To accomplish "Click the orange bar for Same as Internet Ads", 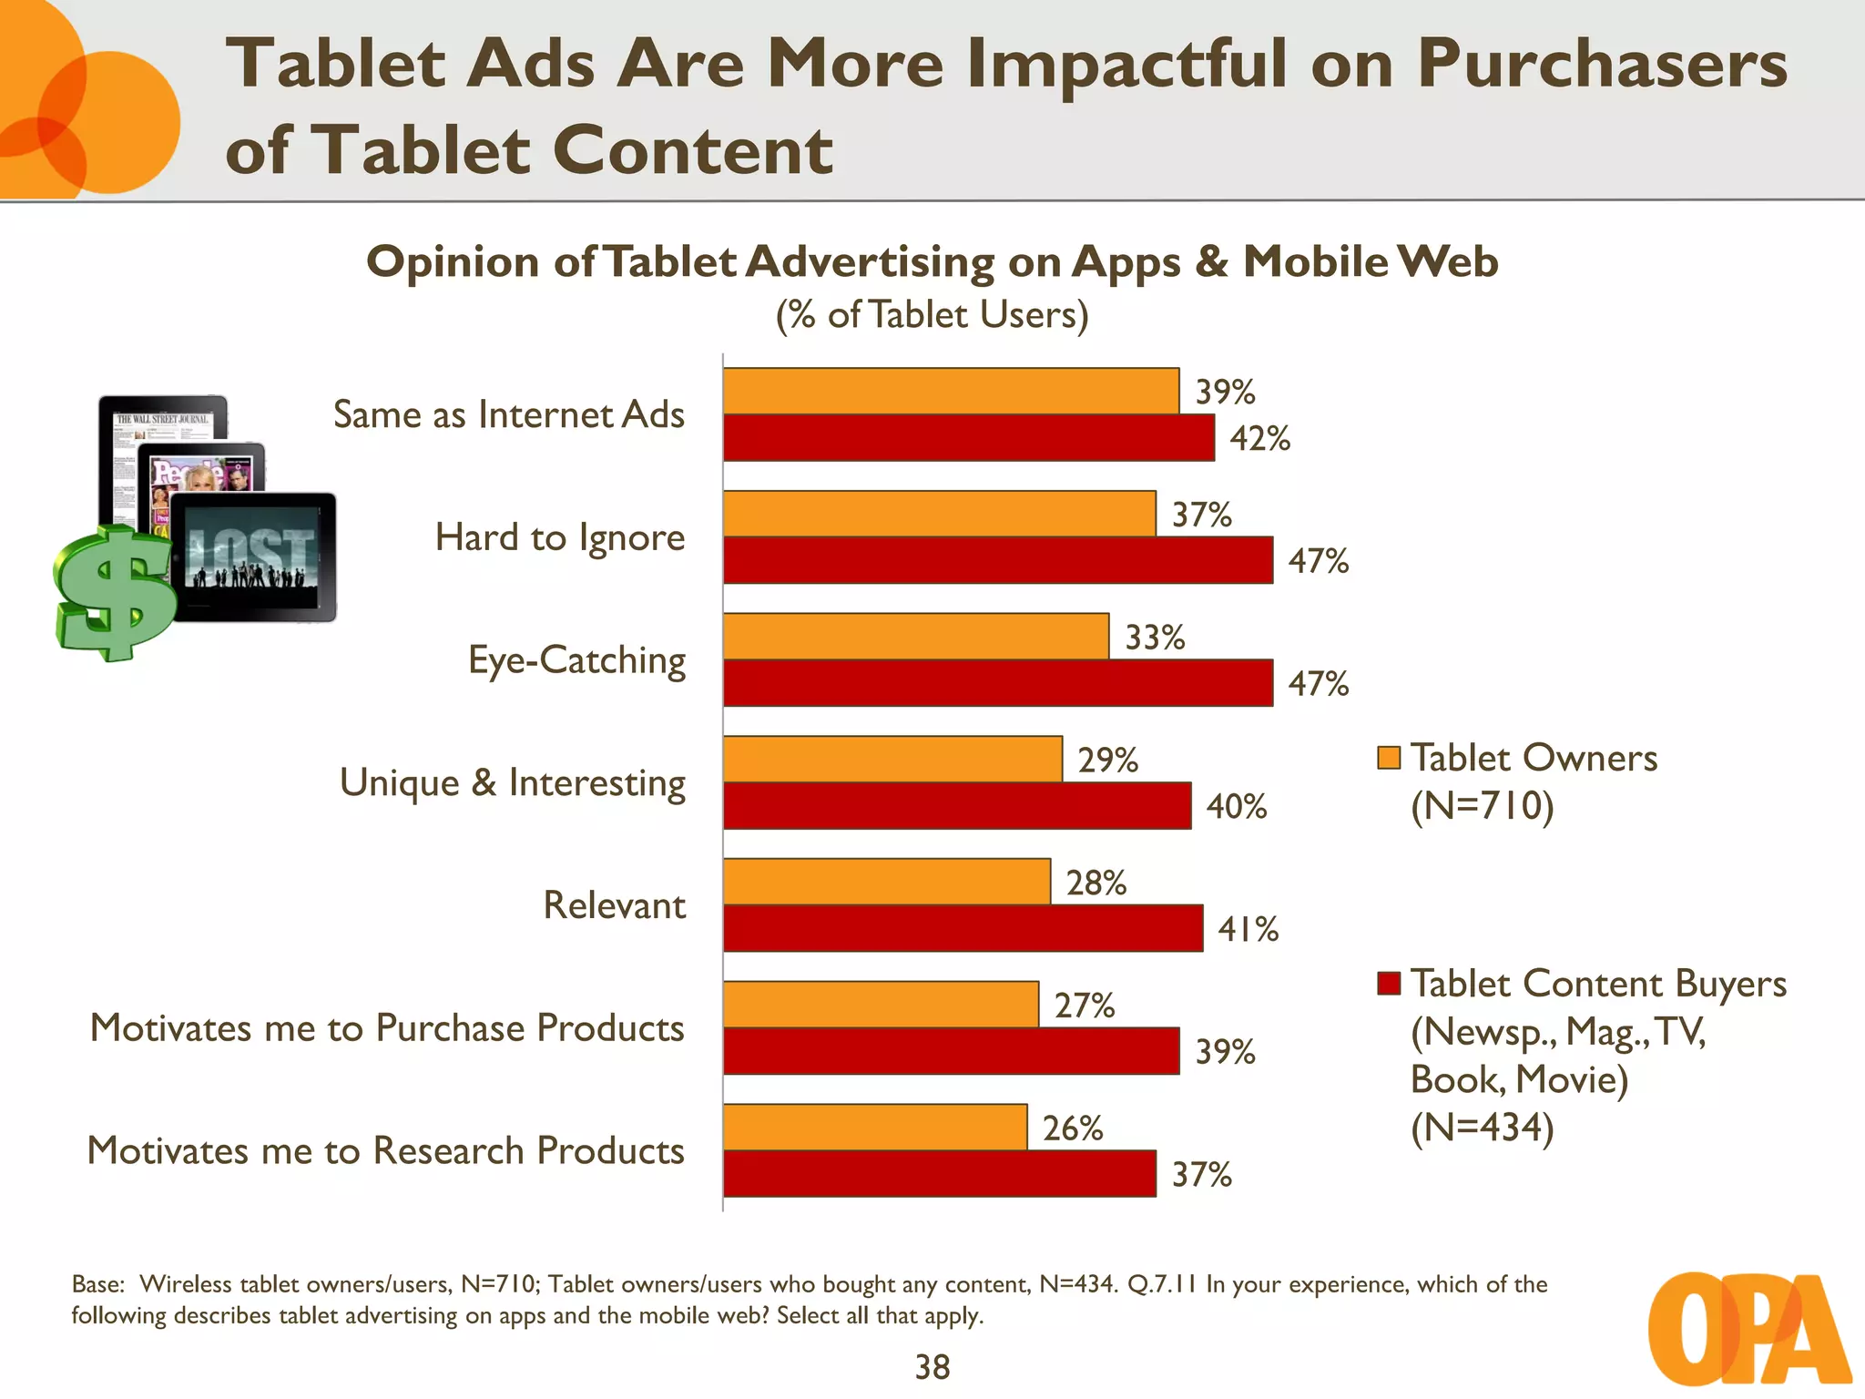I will coord(951,391).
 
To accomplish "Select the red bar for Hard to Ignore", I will coord(997,560).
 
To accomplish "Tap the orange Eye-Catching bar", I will coord(915,636).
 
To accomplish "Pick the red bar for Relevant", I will coord(963,928).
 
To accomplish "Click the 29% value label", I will coord(1107,760).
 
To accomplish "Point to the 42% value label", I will coord(1259,438).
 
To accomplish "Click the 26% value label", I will coord(1072,1128).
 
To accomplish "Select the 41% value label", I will coord(1248,929).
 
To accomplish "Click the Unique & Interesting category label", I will coord(512,782).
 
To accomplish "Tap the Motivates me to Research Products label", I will coord(385,1150).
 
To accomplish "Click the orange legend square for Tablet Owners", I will coord(1388,758).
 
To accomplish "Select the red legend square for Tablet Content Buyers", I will coord(1388,984).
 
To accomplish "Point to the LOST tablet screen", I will coord(252,557).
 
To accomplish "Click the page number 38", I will coord(932,1367).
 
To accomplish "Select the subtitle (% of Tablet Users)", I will coord(932,315).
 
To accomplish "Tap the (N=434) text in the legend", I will coord(1482,1128).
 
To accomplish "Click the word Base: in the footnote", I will coord(97,1284).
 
